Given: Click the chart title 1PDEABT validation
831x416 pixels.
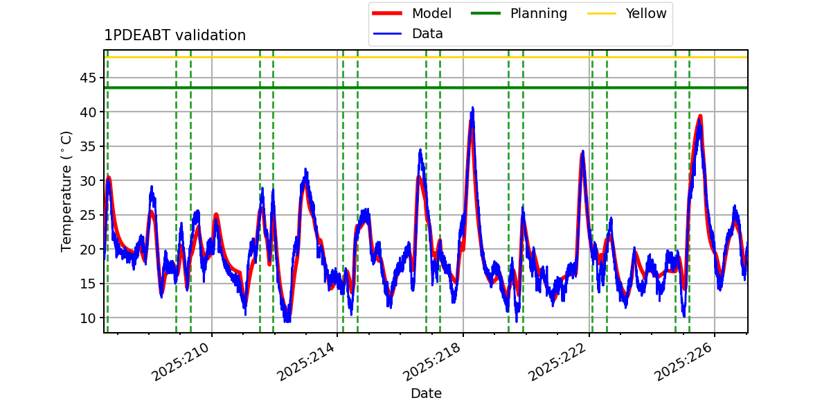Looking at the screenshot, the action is click(x=175, y=35).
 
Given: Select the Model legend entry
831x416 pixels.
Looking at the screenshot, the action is click(x=412, y=13).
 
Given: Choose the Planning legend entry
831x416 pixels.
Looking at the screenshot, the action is click(x=519, y=13).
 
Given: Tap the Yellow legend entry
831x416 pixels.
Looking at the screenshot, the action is click(x=627, y=13).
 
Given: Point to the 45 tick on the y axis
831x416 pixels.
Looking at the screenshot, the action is click(x=88, y=78).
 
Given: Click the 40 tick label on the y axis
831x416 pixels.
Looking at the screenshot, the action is click(x=88, y=112).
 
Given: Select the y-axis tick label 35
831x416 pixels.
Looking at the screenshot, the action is click(x=88, y=146).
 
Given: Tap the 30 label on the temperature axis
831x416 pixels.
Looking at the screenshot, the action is click(x=88, y=181).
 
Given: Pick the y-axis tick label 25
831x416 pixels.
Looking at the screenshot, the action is click(x=88, y=215).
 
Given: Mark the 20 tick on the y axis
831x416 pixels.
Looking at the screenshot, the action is click(x=88, y=249).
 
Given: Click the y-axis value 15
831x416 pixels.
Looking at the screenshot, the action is click(x=88, y=284).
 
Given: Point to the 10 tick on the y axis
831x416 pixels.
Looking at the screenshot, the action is click(x=88, y=318).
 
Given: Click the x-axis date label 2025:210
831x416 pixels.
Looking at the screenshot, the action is click(x=181, y=361).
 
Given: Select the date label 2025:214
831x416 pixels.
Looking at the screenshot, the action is click(x=306, y=361).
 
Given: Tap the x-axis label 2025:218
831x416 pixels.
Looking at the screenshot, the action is click(x=432, y=361).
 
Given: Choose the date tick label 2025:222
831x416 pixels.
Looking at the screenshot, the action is click(x=557, y=361).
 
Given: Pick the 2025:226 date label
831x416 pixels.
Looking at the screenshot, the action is click(x=683, y=361).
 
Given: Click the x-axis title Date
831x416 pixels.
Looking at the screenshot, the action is click(x=427, y=393).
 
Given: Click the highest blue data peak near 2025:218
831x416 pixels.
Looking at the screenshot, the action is click(x=472, y=108).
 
